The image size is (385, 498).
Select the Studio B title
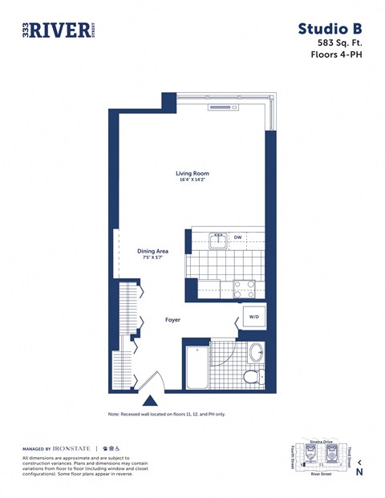coord(330,29)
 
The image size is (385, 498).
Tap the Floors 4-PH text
coord(336,55)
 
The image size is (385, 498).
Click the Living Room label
coord(192,173)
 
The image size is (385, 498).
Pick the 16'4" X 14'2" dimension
coord(192,180)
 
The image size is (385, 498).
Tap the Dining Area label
coord(152,251)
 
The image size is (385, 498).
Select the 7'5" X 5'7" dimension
coord(152,258)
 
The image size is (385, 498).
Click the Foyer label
coord(172,320)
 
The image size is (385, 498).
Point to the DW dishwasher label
coord(238,237)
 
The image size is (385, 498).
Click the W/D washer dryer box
coord(254,318)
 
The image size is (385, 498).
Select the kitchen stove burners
coord(243,288)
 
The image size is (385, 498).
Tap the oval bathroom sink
coord(256,353)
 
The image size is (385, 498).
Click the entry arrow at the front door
coord(149,400)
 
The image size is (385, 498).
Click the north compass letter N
coord(359,472)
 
